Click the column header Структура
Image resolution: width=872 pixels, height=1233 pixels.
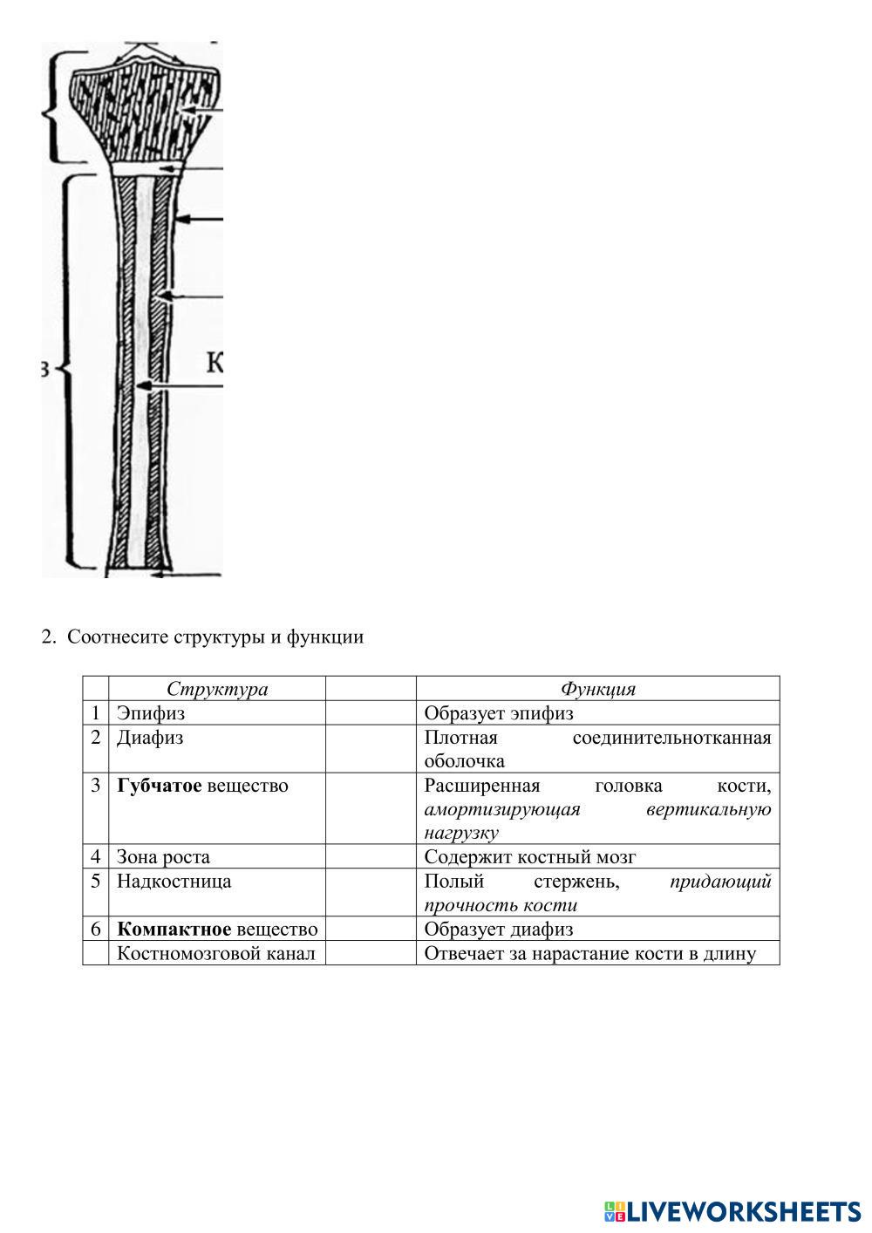217,689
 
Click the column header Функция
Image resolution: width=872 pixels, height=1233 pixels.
597,689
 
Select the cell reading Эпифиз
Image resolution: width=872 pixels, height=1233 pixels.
151,713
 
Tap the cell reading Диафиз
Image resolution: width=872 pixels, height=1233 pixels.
150,738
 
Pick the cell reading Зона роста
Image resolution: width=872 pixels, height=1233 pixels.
163,857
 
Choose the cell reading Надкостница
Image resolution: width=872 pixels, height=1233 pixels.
174,882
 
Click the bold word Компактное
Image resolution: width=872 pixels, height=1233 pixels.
174,930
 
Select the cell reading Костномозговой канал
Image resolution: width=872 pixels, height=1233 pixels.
215,953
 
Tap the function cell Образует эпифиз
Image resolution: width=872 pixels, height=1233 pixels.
499,713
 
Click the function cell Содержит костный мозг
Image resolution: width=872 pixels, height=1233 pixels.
530,857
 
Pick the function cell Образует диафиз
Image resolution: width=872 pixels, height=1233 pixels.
499,930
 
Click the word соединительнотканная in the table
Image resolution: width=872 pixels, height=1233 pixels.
671,738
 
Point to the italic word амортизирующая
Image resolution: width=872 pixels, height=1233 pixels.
502,810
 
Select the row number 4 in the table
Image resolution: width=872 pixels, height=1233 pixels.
96,857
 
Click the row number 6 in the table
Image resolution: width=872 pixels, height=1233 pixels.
96,930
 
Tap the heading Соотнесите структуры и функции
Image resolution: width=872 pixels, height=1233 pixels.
215,637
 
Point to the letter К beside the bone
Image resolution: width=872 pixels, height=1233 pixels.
215,361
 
